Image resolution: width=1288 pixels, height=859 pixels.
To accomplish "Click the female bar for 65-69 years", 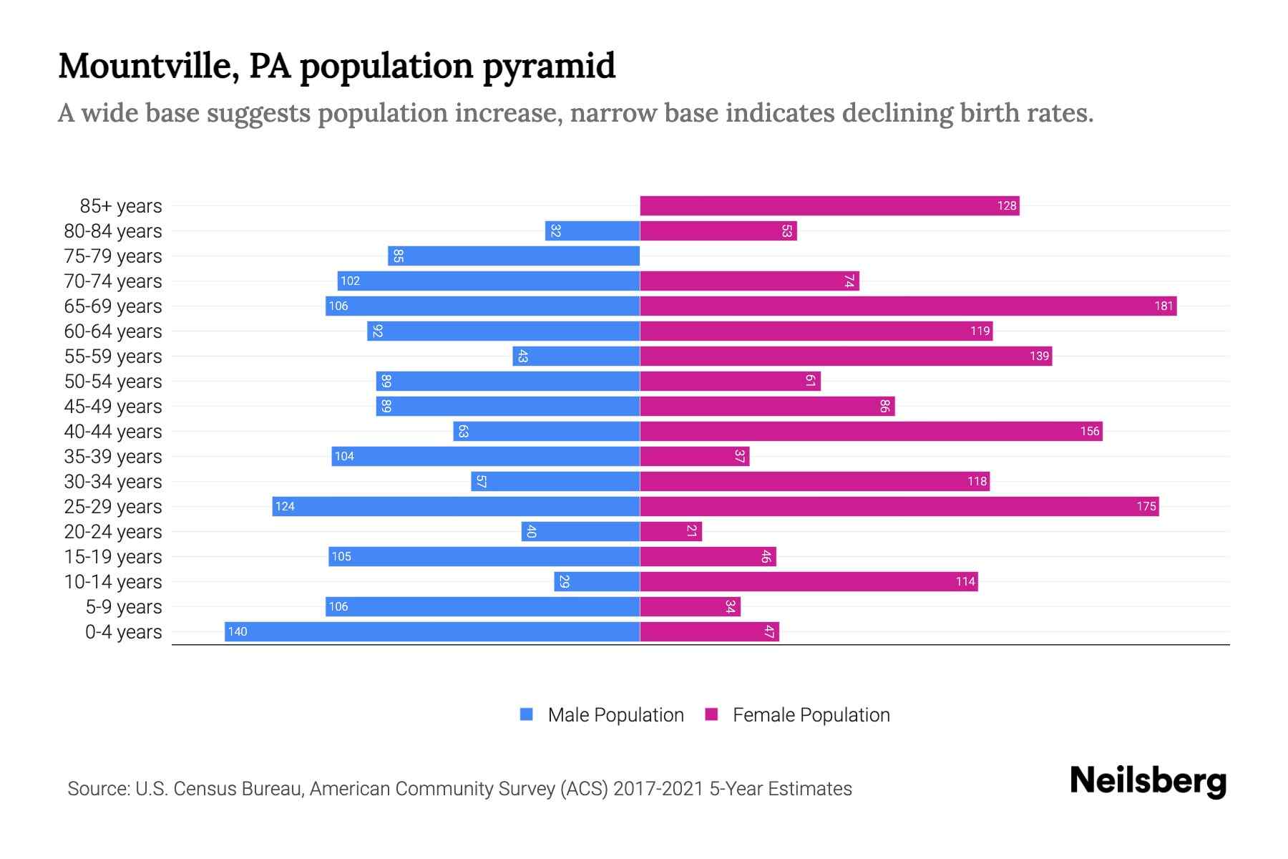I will pyautogui.click(x=907, y=306).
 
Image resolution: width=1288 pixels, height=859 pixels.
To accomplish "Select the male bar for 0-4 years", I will pyautogui.click(x=432, y=631).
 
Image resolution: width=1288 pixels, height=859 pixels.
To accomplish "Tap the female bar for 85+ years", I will pyautogui.click(x=829, y=205).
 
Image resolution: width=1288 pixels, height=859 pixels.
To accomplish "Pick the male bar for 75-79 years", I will pyautogui.click(x=514, y=256).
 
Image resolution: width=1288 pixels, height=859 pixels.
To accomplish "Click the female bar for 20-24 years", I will pyautogui.click(x=670, y=531).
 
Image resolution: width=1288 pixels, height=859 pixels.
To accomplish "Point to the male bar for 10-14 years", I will pyautogui.click(x=597, y=581).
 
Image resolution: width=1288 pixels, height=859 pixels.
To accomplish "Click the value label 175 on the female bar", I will pyautogui.click(x=1146, y=506).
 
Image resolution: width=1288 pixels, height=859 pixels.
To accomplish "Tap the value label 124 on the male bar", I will pyautogui.click(x=285, y=506).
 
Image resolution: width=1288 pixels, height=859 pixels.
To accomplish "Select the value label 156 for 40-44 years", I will pyautogui.click(x=1089, y=431).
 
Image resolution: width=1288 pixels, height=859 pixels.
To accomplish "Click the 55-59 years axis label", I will pyautogui.click(x=113, y=356).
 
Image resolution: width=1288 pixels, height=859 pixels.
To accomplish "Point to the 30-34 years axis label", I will pyautogui.click(x=113, y=481).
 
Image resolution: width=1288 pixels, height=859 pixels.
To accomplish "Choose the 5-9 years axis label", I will pyautogui.click(x=123, y=606).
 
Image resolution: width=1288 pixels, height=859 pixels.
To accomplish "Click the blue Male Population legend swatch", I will pyautogui.click(x=527, y=714).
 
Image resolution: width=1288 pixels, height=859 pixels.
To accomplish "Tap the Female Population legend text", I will pyautogui.click(x=811, y=714).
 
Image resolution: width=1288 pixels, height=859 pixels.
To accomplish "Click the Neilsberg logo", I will pyautogui.click(x=1148, y=781).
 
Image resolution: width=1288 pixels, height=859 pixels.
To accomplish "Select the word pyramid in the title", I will pyautogui.click(x=548, y=66).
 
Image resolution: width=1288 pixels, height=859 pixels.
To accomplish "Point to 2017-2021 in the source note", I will pyautogui.click(x=658, y=789).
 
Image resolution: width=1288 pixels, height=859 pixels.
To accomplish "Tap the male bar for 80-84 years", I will pyautogui.click(x=592, y=230).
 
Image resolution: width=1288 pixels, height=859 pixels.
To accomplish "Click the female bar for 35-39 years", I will pyautogui.click(x=694, y=456).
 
